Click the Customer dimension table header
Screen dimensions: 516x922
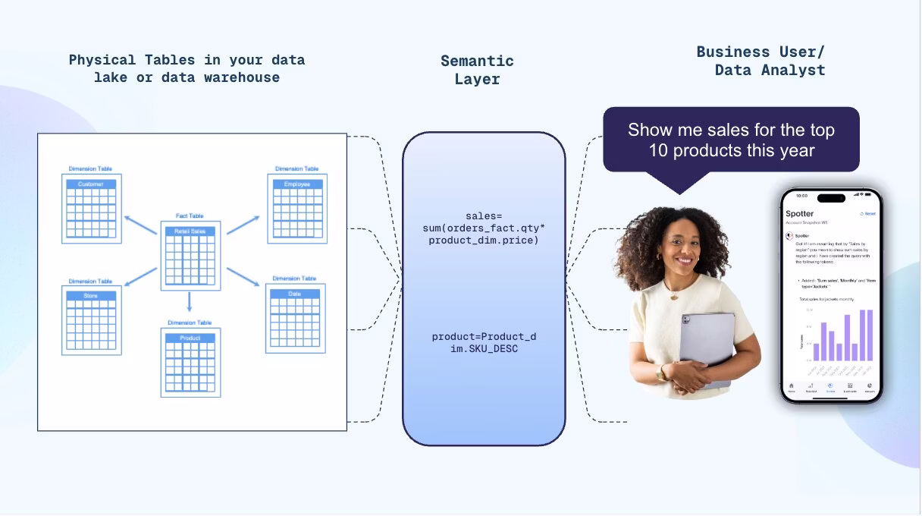[x=91, y=184]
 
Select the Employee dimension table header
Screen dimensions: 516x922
[x=296, y=184]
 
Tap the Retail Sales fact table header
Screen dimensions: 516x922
[x=190, y=231]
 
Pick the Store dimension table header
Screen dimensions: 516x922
[x=91, y=295]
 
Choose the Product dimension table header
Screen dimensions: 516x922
[x=190, y=338]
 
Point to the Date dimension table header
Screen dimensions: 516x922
[x=295, y=294]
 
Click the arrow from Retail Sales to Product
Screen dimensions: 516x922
[x=190, y=304]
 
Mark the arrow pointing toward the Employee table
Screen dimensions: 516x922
[x=243, y=224]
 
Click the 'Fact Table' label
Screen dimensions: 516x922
[x=190, y=216]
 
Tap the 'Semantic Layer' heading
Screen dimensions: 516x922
[x=477, y=70]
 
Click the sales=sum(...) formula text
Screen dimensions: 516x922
[x=484, y=228]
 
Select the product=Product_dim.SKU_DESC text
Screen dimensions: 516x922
[x=484, y=342]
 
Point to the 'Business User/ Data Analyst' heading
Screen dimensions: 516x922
[x=760, y=61]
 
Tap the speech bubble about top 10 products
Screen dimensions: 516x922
[x=731, y=140]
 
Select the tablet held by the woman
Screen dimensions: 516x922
[x=707, y=345]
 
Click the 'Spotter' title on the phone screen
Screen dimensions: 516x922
[x=799, y=214]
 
